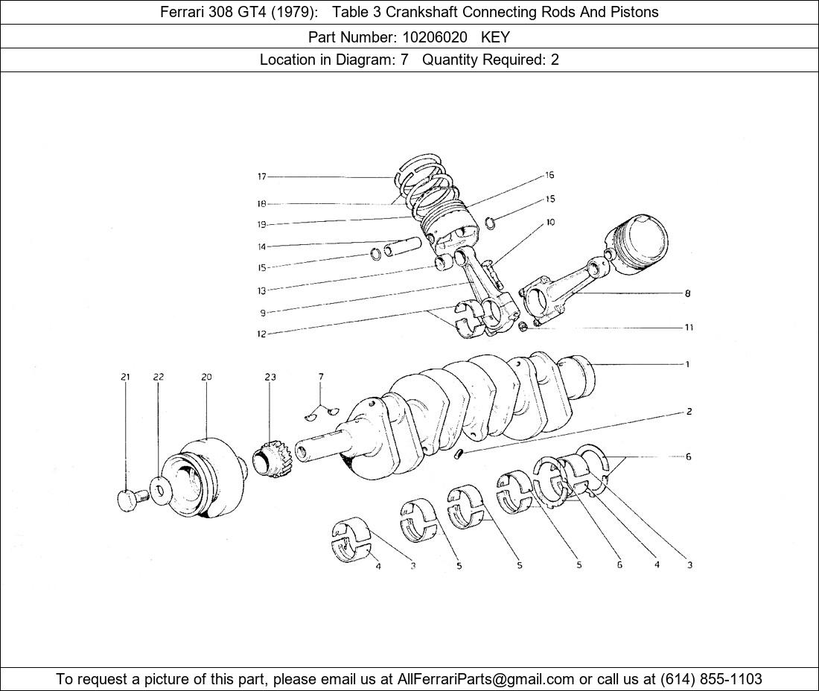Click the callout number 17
(261, 176)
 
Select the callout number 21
(125, 378)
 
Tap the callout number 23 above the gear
(270, 378)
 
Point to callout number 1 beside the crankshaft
(687, 364)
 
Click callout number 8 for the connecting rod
(687, 293)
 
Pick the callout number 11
(689, 327)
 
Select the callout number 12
(261, 334)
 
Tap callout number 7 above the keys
(321, 378)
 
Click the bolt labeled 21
(128, 500)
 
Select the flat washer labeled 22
(159, 490)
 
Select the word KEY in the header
(495, 36)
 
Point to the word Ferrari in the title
(183, 12)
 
